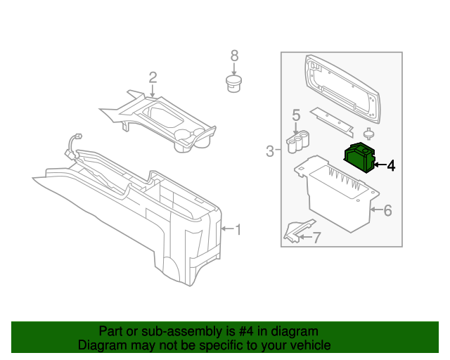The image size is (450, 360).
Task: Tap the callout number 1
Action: (x=238, y=230)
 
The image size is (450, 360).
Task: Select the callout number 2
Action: (x=152, y=77)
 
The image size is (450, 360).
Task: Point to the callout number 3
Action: (x=269, y=150)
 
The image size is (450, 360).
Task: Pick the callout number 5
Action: (x=296, y=114)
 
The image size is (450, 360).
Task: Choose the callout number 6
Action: (x=387, y=210)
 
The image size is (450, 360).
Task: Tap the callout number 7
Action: (x=316, y=238)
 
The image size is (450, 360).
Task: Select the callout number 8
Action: (x=235, y=56)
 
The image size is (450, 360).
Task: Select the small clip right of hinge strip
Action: (x=368, y=134)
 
